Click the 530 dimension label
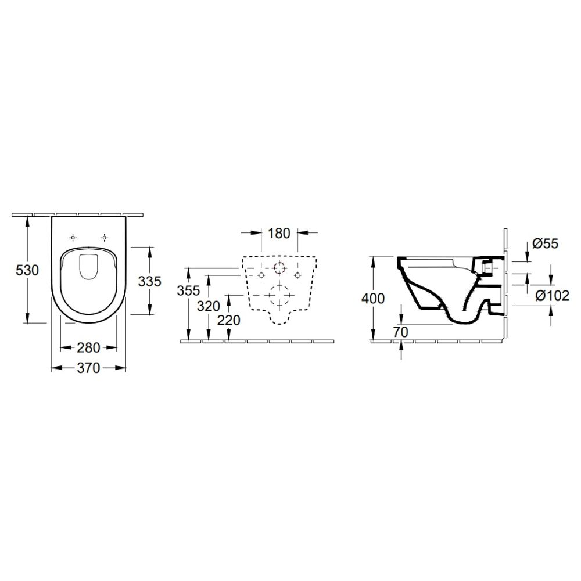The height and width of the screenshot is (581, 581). tap(26, 270)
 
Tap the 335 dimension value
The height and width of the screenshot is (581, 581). tap(149, 282)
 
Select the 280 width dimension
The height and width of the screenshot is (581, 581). tap(89, 348)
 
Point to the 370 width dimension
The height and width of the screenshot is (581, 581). tap(89, 367)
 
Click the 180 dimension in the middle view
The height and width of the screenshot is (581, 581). tap(279, 234)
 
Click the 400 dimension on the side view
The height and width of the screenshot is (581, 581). tap(372, 299)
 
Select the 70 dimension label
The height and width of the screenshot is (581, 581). tap(401, 331)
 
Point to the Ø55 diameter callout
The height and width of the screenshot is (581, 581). tap(544, 243)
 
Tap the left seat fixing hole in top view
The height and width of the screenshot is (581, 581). tap(73, 237)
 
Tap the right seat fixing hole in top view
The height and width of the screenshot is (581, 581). tap(105, 237)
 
